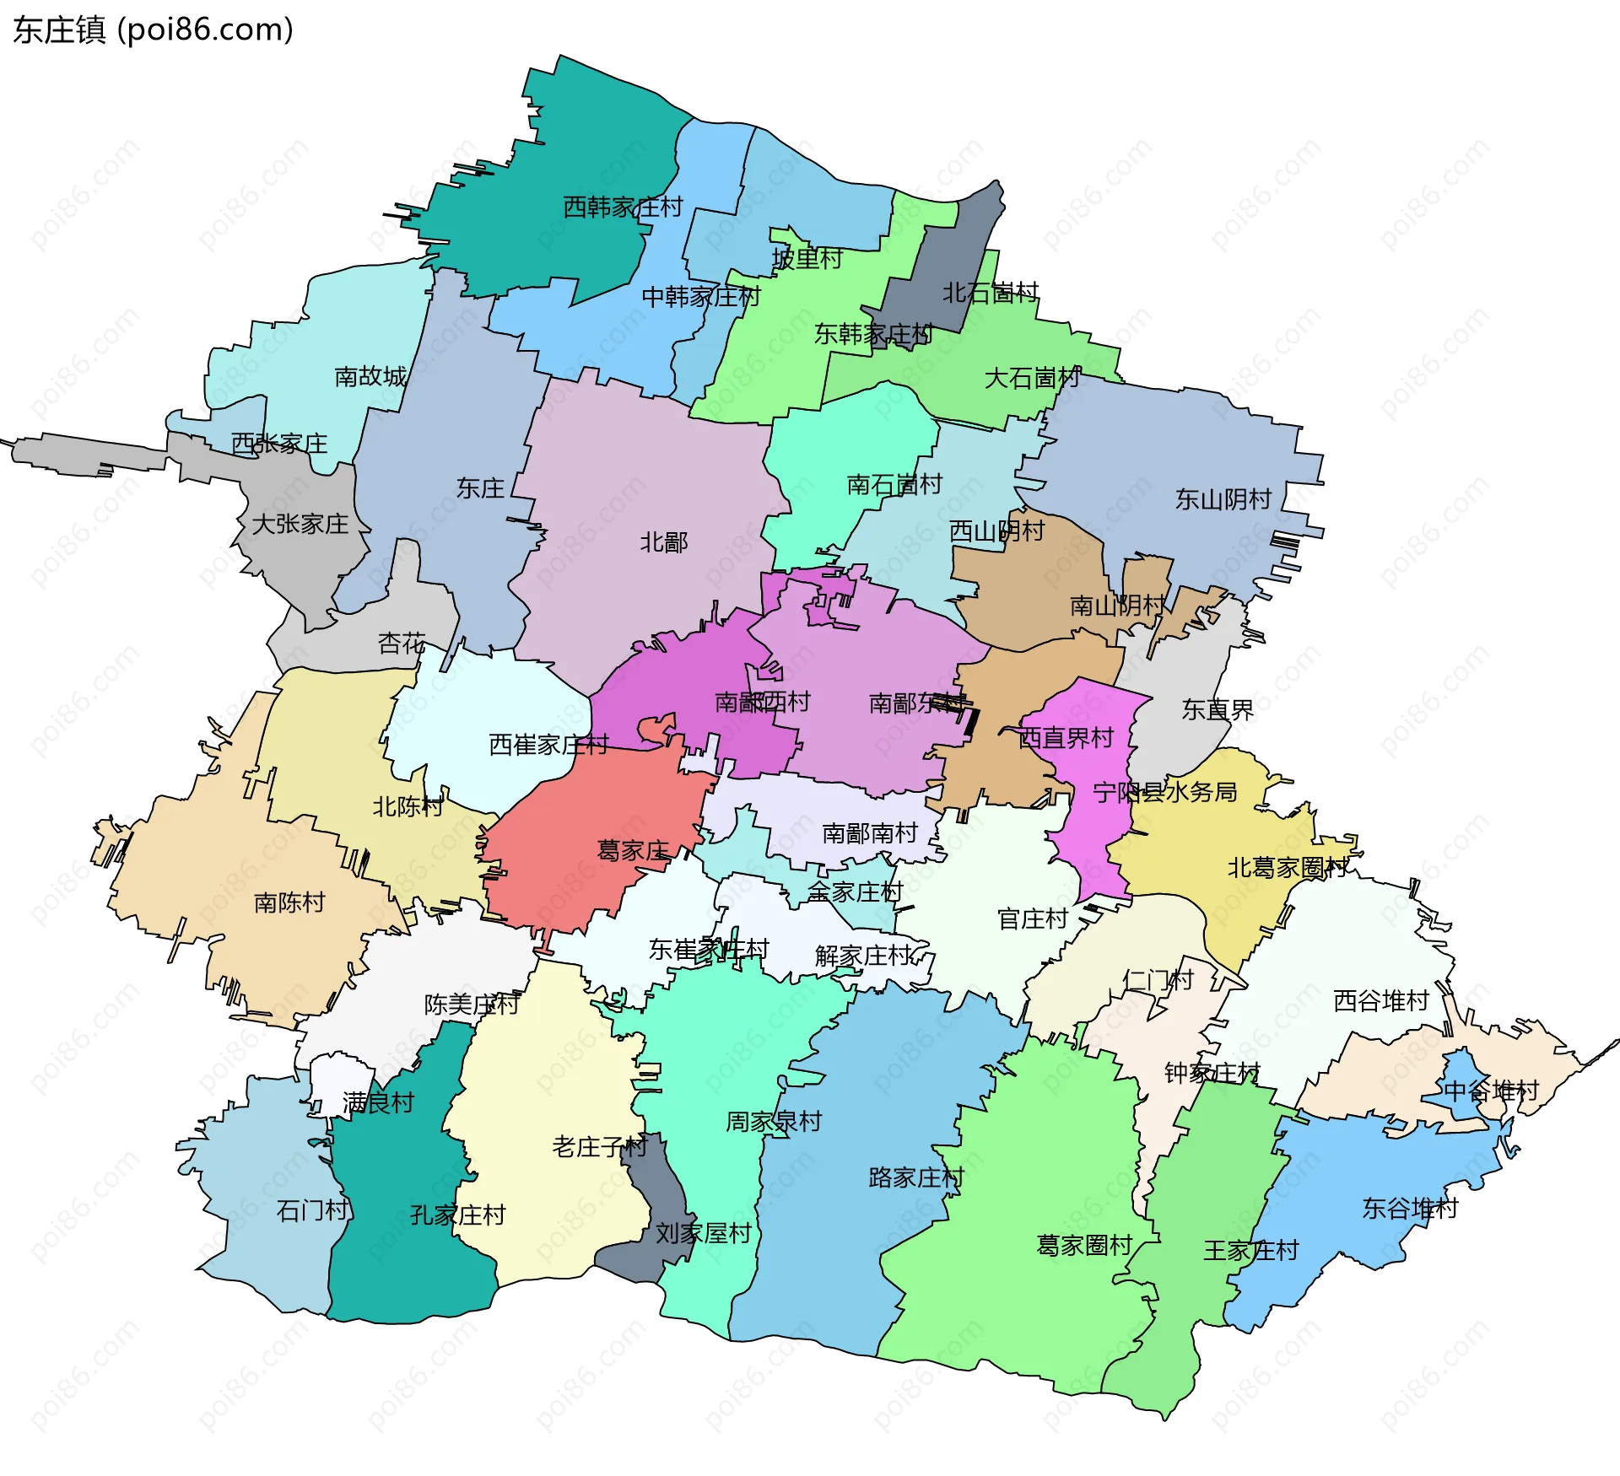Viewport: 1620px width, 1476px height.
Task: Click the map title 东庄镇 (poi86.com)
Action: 153,30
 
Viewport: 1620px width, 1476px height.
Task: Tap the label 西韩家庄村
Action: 623,207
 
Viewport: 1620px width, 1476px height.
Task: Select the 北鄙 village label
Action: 664,542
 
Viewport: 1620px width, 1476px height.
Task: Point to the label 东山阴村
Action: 1223,499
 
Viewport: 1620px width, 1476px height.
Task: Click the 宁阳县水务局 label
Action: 1164,792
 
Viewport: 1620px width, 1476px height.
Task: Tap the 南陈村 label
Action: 289,902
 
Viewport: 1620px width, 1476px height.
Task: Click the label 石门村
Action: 312,1210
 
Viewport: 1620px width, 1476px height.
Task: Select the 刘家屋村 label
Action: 703,1233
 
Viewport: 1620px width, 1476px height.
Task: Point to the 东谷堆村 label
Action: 1410,1208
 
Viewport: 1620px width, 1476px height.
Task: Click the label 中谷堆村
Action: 1491,1091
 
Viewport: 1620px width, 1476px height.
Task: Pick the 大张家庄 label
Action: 300,524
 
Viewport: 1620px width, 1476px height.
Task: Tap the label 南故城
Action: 370,376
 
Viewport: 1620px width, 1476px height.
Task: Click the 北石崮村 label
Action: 990,293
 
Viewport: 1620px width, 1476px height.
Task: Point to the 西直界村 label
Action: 1066,738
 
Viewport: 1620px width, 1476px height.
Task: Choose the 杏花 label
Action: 402,644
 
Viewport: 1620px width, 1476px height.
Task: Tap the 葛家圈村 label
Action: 1083,1245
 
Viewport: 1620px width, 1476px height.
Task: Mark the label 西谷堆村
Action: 1380,1000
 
